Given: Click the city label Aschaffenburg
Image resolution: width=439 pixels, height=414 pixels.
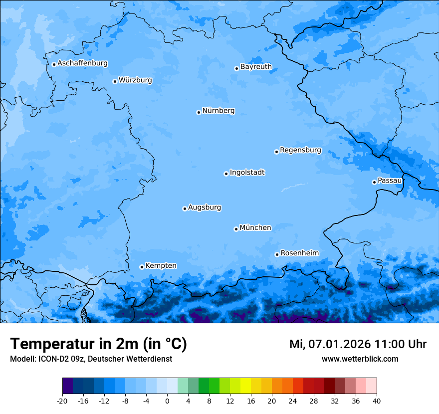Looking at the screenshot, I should [x=82, y=63].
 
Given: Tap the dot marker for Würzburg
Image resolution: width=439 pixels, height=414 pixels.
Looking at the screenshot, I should [x=115, y=81].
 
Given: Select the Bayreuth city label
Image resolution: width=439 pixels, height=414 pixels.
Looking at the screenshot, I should [x=256, y=67].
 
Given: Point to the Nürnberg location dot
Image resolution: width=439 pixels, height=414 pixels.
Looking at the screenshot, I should [x=199, y=112].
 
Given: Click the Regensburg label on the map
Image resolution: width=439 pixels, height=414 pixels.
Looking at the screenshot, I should [x=300, y=150].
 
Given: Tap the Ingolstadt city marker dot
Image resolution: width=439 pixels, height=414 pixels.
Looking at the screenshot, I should [x=226, y=174].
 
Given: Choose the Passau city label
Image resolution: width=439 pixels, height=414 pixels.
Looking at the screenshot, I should [x=390, y=181].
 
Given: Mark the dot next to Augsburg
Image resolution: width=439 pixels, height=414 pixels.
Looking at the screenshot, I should [x=185, y=208].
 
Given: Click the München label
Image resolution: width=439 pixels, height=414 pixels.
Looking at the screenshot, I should [x=255, y=228].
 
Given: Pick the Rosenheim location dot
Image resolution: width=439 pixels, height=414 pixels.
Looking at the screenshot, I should [x=277, y=254].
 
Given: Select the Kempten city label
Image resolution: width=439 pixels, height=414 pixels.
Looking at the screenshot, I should [x=161, y=266].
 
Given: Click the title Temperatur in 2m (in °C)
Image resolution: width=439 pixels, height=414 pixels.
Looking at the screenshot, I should [x=98, y=344].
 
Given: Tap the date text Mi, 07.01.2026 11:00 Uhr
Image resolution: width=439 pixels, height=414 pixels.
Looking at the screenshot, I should [x=358, y=344].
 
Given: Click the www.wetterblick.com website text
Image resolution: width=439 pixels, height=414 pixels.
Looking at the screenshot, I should [x=360, y=359].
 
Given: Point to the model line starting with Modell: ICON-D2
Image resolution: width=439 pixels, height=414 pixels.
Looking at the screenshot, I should [x=91, y=359].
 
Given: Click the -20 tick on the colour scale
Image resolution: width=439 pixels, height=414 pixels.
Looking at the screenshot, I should [x=62, y=401].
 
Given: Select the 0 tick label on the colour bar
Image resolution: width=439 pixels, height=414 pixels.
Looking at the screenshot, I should [x=167, y=401].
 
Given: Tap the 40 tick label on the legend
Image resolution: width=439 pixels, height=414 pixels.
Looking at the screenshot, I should [x=376, y=401].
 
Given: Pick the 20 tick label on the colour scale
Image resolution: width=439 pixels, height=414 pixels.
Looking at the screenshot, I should [x=272, y=401].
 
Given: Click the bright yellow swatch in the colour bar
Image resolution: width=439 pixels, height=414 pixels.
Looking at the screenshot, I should [x=245, y=386].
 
